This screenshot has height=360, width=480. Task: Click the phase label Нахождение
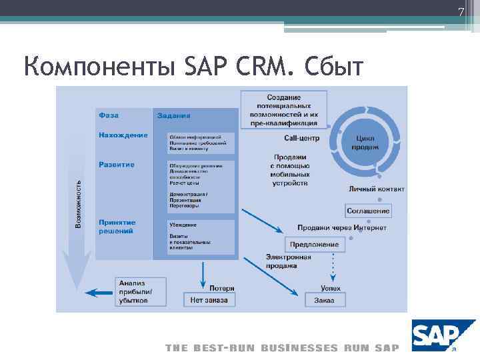(123, 135)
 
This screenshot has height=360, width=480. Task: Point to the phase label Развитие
(117, 165)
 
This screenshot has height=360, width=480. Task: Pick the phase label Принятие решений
(117, 227)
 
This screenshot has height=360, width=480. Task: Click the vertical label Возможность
(78, 204)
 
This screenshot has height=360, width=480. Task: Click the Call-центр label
(302, 139)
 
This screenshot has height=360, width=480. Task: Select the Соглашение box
(368, 211)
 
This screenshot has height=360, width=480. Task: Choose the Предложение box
(313, 245)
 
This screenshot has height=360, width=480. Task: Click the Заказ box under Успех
(325, 301)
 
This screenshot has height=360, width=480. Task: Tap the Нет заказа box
(209, 300)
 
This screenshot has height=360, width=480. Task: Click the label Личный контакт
(377, 189)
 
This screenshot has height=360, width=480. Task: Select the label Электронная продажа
(289, 261)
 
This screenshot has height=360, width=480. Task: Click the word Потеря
(222, 289)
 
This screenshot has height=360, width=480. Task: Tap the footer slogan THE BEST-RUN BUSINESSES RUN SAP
(282, 348)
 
